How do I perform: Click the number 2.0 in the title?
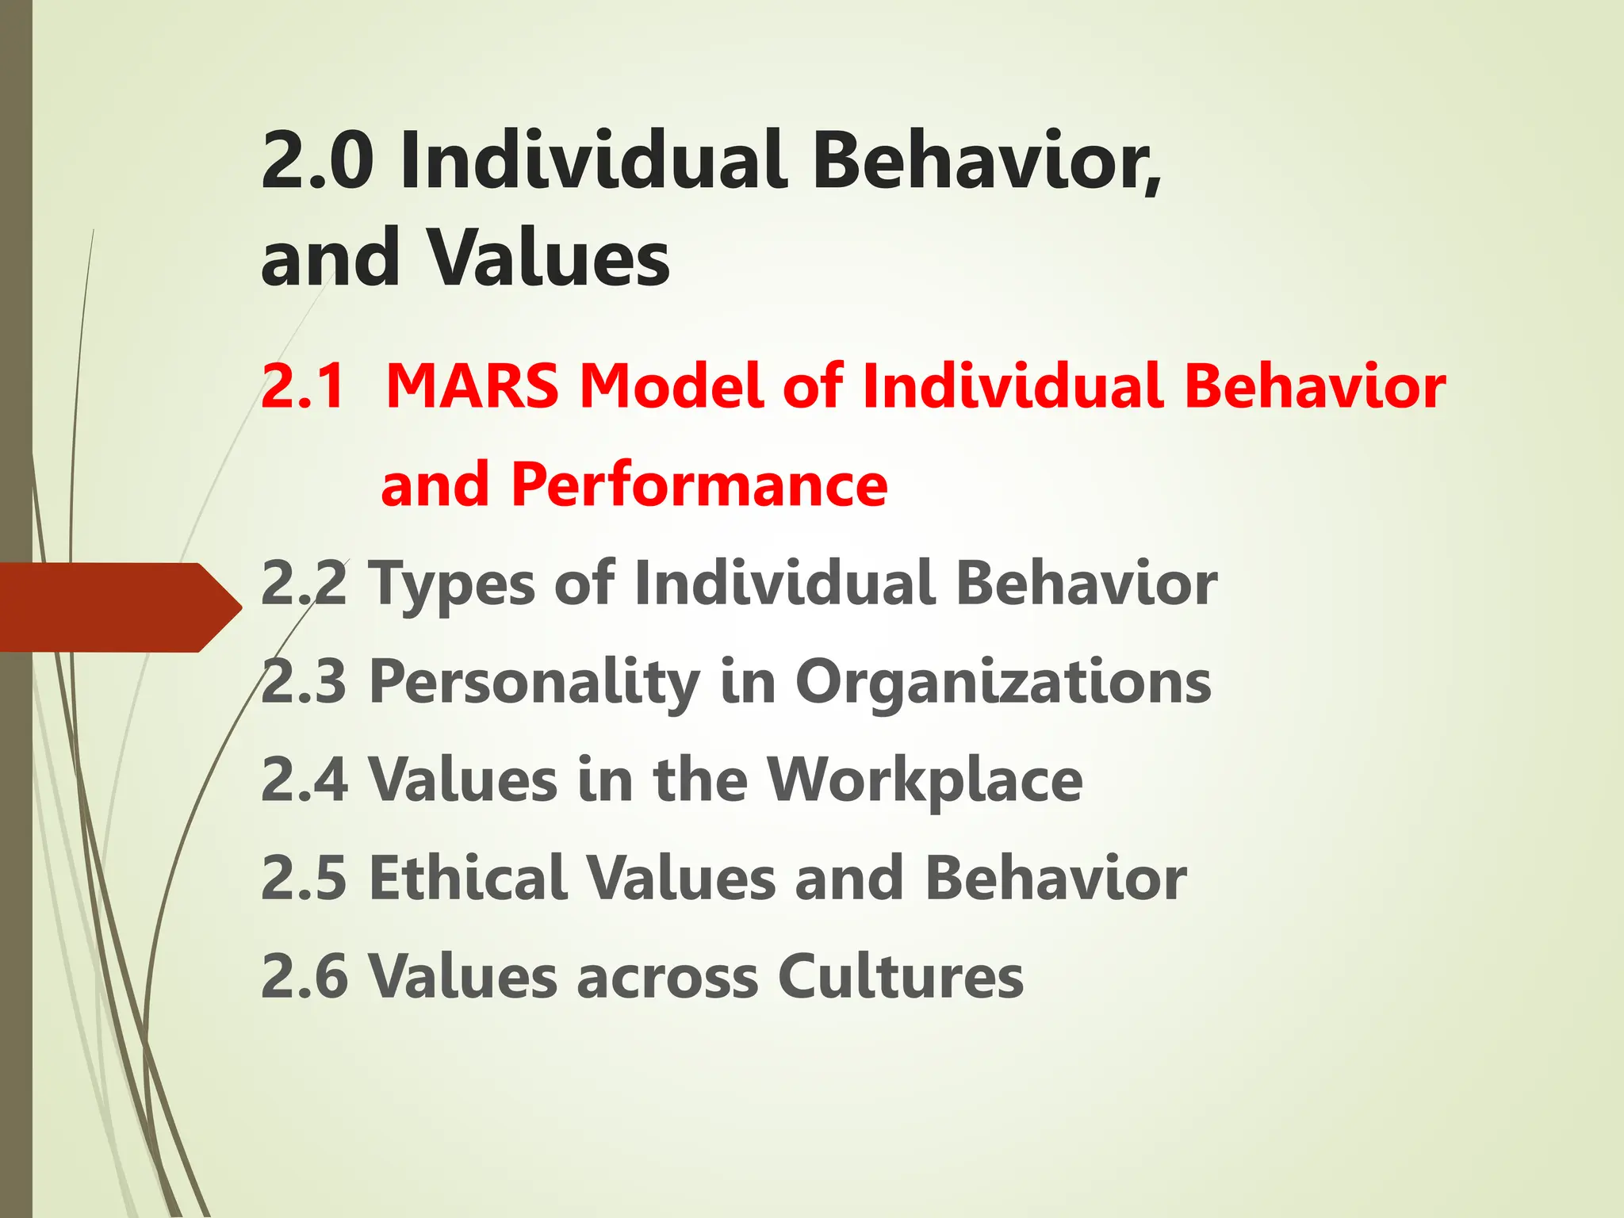point(317,161)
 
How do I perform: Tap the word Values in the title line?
point(549,259)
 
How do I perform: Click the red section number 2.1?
point(304,387)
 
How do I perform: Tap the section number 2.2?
point(304,584)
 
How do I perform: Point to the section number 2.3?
point(304,682)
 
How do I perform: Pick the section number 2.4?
point(304,779)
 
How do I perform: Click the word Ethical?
point(467,879)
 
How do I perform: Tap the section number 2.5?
point(304,879)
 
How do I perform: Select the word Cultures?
point(900,976)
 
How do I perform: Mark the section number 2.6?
point(304,976)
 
